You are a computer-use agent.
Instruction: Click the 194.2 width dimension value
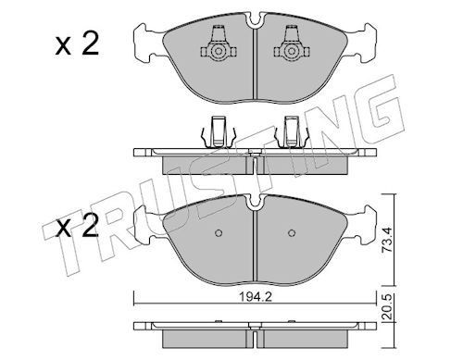(x=256, y=297)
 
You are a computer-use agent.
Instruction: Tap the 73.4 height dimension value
(x=387, y=240)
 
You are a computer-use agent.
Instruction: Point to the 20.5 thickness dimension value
(x=387, y=306)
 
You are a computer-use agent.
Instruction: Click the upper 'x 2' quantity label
(x=77, y=44)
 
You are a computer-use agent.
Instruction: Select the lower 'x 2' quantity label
(x=77, y=227)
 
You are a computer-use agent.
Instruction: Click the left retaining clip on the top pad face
(x=219, y=45)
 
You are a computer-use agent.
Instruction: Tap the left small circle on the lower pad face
(x=219, y=233)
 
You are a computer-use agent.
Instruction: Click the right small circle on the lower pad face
(x=292, y=233)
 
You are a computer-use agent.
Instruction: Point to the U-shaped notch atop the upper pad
(x=255, y=21)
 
